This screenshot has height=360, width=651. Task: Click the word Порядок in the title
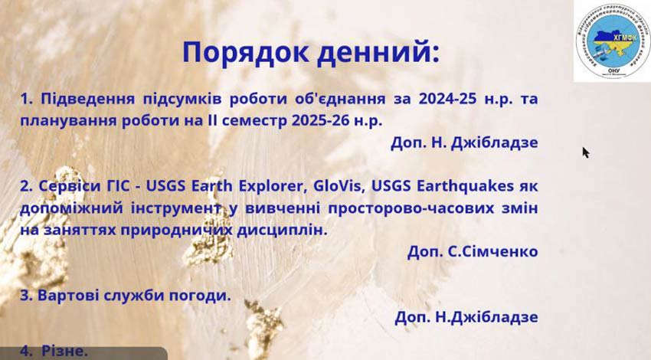coord(237,53)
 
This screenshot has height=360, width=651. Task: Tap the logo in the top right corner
coord(612,41)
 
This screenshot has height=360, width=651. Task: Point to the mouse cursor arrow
coord(585,152)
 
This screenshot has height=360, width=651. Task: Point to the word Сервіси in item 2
coord(68,186)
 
